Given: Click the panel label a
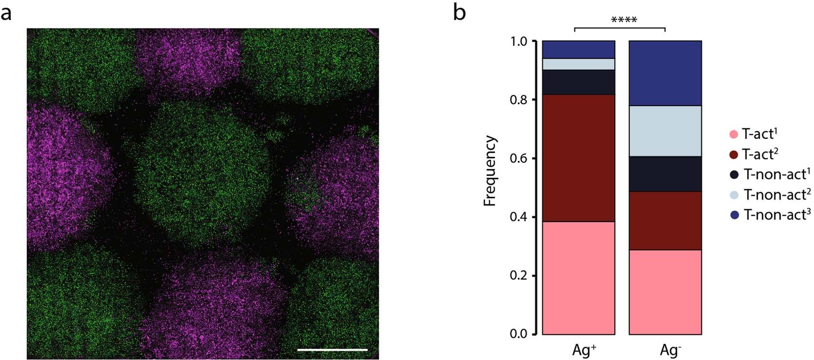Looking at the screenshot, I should pyautogui.click(x=6, y=13).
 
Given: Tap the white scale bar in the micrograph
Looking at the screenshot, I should pyautogui.click(x=332, y=349).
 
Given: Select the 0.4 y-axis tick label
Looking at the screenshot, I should pyautogui.click(x=519, y=217).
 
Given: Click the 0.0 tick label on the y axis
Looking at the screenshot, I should pyautogui.click(x=519, y=334).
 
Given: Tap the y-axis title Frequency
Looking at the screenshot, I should pyautogui.click(x=490, y=171).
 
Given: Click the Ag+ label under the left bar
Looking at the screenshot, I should pyautogui.click(x=584, y=350).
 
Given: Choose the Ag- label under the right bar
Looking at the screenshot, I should pyautogui.click(x=670, y=350).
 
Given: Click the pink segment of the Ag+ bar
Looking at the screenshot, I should pyautogui.click(x=579, y=278).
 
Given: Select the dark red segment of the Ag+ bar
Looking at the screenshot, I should pyautogui.click(x=579, y=158).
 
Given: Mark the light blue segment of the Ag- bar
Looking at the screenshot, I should pyautogui.click(x=665, y=131).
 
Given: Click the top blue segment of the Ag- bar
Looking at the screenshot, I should pyautogui.click(x=665, y=73).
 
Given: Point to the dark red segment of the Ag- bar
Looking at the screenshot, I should pyautogui.click(x=665, y=221).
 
